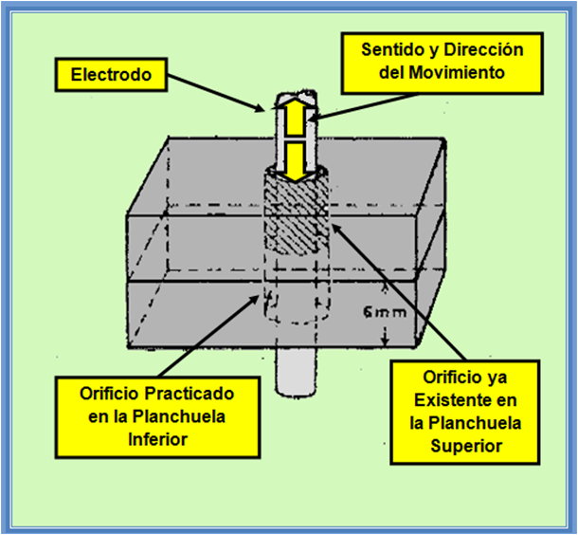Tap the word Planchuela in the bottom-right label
point(468,422)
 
